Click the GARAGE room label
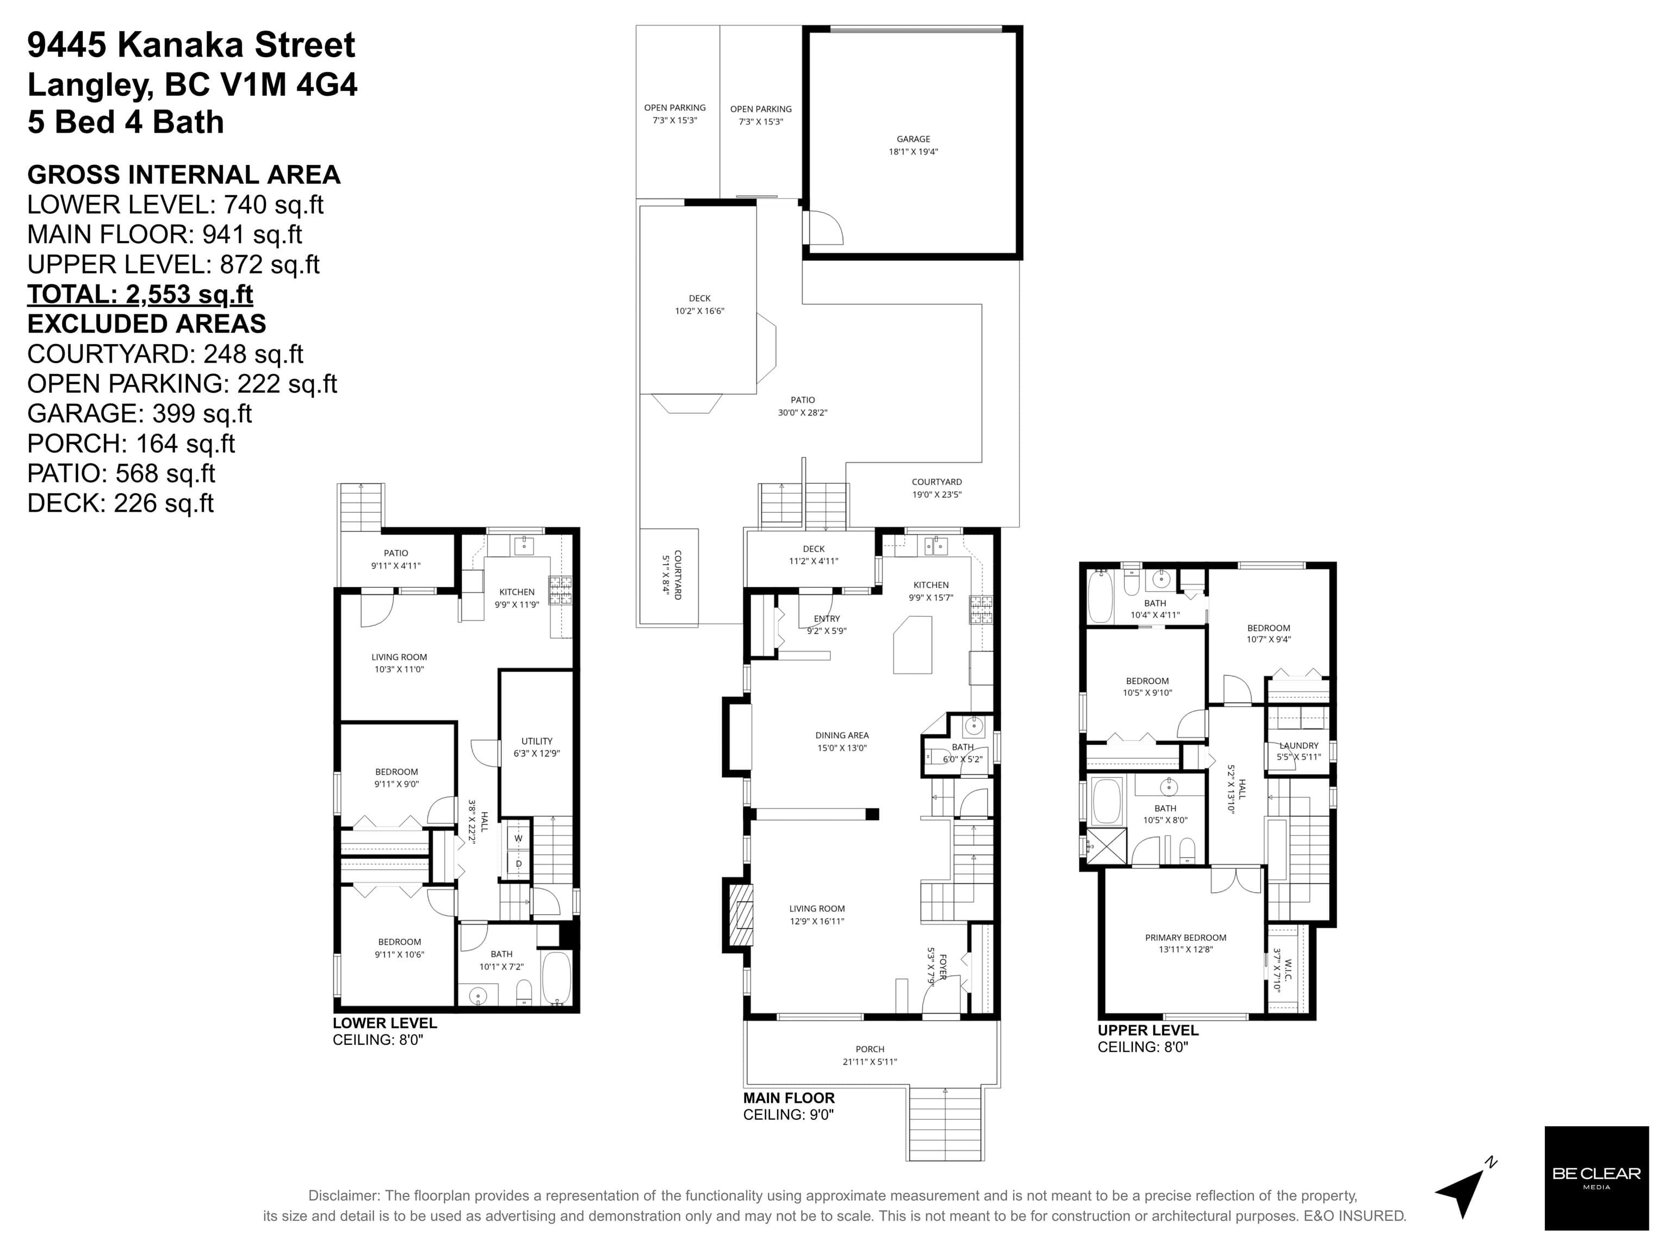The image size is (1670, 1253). click(x=912, y=139)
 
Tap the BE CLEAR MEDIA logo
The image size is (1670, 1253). click(x=1596, y=1177)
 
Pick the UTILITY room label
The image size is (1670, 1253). click(x=537, y=741)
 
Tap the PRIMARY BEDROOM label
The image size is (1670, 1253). click(x=1185, y=938)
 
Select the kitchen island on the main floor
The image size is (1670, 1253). click(x=912, y=644)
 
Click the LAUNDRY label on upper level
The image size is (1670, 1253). click(x=1299, y=745)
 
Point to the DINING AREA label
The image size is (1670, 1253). click(x=842, y=735)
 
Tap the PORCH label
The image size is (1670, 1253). click(x=870, y=1049)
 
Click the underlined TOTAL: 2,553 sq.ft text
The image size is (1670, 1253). click(x=140, y=294)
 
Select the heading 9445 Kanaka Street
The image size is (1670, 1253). click(x=191, y=45)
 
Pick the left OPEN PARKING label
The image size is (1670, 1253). click(x=675, y=107)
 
